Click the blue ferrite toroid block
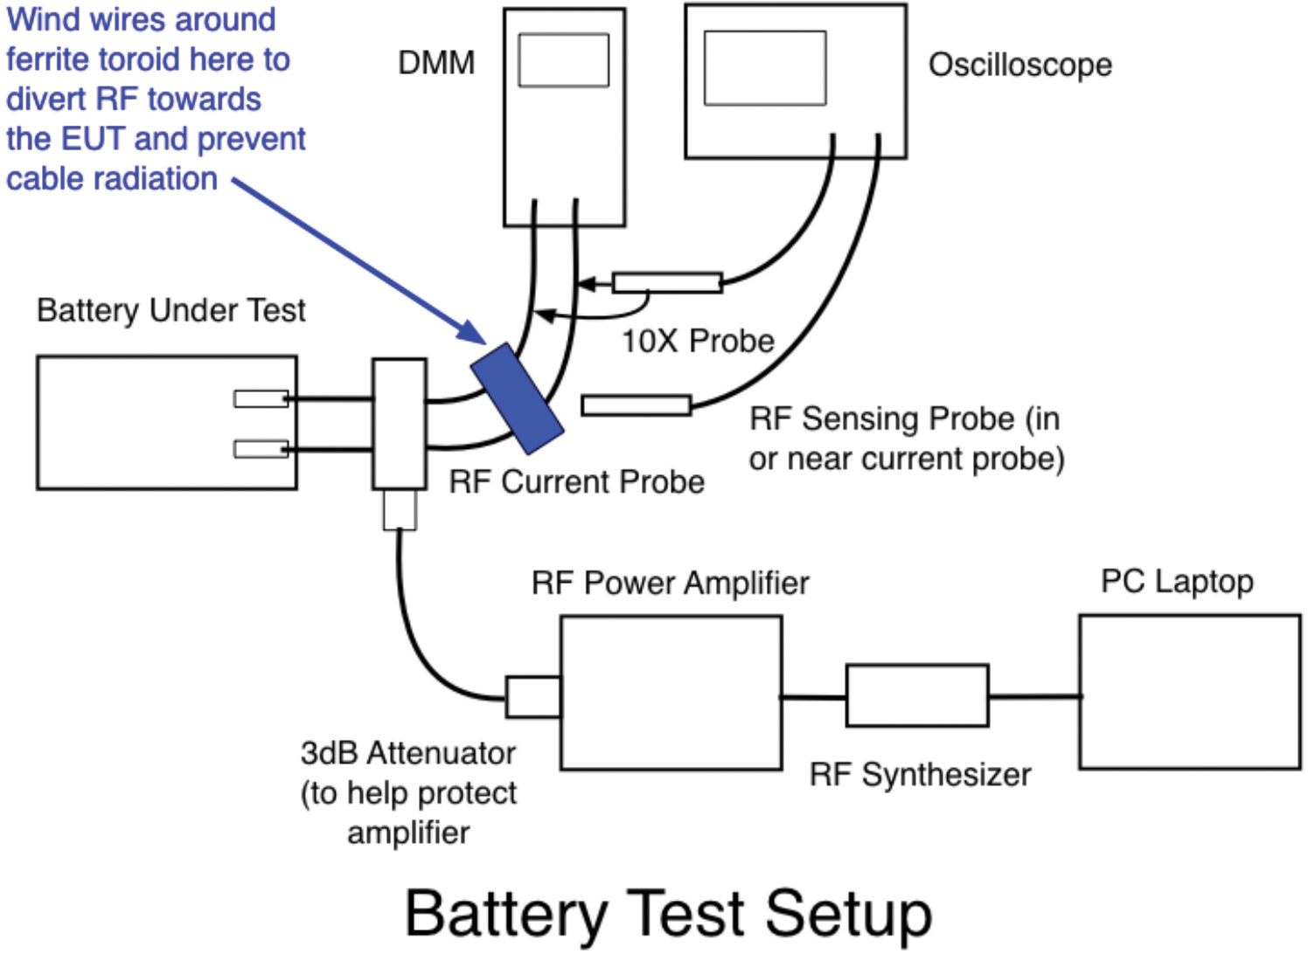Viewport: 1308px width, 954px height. [x=517, y=398]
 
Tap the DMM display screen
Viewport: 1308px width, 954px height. [x=563, y=60]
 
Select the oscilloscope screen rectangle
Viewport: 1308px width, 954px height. [x=765, y=68]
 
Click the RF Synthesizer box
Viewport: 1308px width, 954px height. [x=917, y=695]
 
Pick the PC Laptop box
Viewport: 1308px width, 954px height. [x=1190, y=692]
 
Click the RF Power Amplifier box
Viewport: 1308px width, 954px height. [x=671, y=693]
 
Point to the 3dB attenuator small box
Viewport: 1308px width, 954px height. [x=532, y=696]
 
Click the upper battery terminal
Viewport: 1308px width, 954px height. [x=261, y=398]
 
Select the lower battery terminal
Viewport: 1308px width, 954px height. [x=261, y=449]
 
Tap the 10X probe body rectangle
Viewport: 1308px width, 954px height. [x=667, y=282]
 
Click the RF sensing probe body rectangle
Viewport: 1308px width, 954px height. [x=637, y=405]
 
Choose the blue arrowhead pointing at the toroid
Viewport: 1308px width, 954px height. [x=472, y=332]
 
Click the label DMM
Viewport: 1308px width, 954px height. [x=436, y=63]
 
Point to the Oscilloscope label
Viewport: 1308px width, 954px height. [x=1019, y=65]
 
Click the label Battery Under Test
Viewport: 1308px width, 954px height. [x=171, y=310]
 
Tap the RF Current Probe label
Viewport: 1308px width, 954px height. [x=576, y=481]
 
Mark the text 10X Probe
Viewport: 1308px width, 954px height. [x=698, y=341]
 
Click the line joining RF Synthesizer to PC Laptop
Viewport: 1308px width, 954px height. [x=1034, y=696]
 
